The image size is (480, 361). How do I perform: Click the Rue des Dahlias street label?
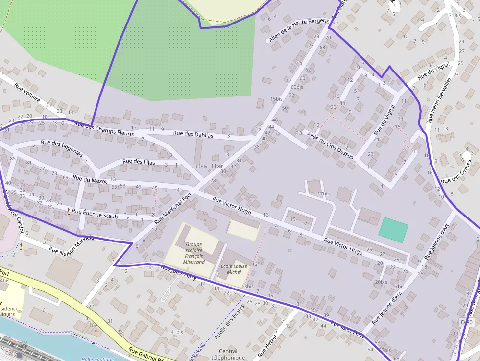click(x=193, y=134)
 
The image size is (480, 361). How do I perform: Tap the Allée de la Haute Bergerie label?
click(x=298, y=30)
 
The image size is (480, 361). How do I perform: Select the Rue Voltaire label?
click(x=27, y=92)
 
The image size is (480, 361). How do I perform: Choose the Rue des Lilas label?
click(x=139, y=162)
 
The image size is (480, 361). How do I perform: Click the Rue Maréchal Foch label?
click(x=174, y=207)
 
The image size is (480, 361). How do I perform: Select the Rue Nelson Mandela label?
click(x=72, y=245)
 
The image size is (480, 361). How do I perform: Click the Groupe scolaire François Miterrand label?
click(x=194, y=253)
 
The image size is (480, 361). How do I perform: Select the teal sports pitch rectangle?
click(x=393, y=230)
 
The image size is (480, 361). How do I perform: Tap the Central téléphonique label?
click(x=228, y=354)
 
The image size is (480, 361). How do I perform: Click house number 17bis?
click(x=323, y=193)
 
